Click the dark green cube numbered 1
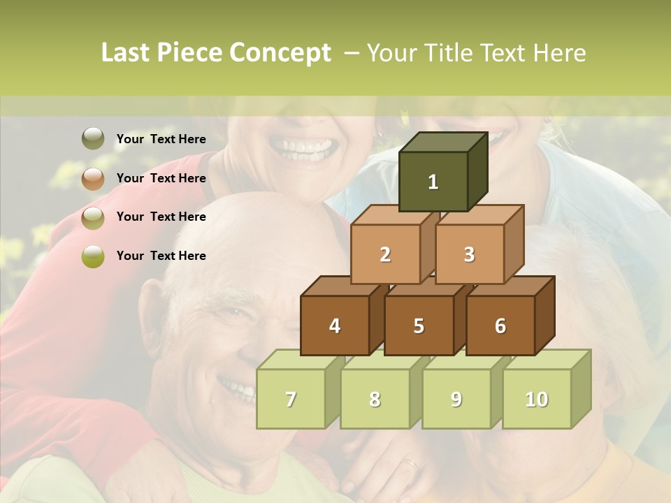tap(433, 182)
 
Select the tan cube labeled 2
tap(385, 254)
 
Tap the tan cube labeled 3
tap(469, 254)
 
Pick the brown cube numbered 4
tap(335, 326)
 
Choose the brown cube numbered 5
tap(419, 326)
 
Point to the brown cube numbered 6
tap(500, 326)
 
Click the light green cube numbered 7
tap(291, 399)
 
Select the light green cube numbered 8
tap(375, 399)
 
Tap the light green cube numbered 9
tap(456, 399)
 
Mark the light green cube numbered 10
tap(537, 399)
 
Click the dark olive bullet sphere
tap(93, 139)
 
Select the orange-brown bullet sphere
tap(93, 179)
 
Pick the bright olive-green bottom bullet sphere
tap(93, 256)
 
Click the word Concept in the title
tap(280, 53)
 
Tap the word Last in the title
tap(127, 53)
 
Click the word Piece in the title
tap(192, 53)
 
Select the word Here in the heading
tap(559, 53)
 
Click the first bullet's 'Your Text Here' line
tap(161, 139)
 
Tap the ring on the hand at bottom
tap(411, 462)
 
